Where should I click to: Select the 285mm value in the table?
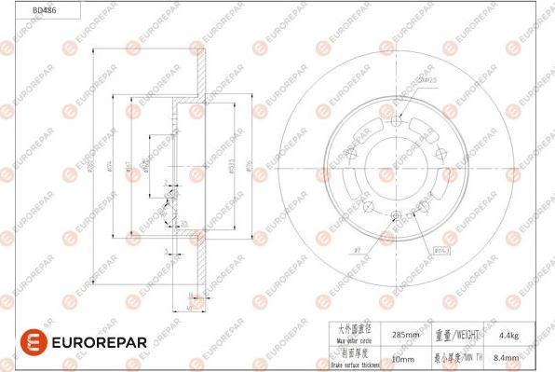point(406,332)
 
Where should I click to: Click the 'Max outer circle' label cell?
point(353,332)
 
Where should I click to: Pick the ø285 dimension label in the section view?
point(93,169)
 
